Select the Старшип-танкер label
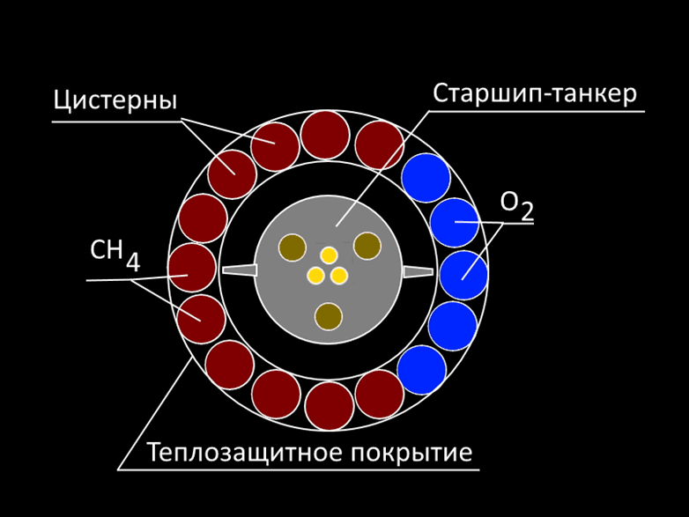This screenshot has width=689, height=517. (x=534, y=93)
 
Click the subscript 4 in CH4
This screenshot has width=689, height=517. (x=132, y=262)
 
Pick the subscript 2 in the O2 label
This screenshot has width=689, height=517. (x=526, y=211)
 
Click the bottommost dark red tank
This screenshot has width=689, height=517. (x=330, y=406)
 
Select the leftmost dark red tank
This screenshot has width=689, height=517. (x=192, y=268)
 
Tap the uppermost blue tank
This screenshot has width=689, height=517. (x=426, y=177)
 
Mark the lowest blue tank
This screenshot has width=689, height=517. (x=422, y=370)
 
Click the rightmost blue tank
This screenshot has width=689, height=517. (x=463, y=276)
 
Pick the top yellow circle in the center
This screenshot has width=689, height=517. (x=329, y=255)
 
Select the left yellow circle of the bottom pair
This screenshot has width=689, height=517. (x=315, y=276)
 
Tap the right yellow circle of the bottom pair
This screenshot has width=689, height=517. (x=339, y=276)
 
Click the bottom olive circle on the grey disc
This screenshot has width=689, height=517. (x=329, y=316)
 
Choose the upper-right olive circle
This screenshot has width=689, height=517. (x=367, y=246)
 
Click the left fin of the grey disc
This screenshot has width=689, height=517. (x=239, y=270)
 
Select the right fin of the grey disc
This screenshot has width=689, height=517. (x=419, y=270)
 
